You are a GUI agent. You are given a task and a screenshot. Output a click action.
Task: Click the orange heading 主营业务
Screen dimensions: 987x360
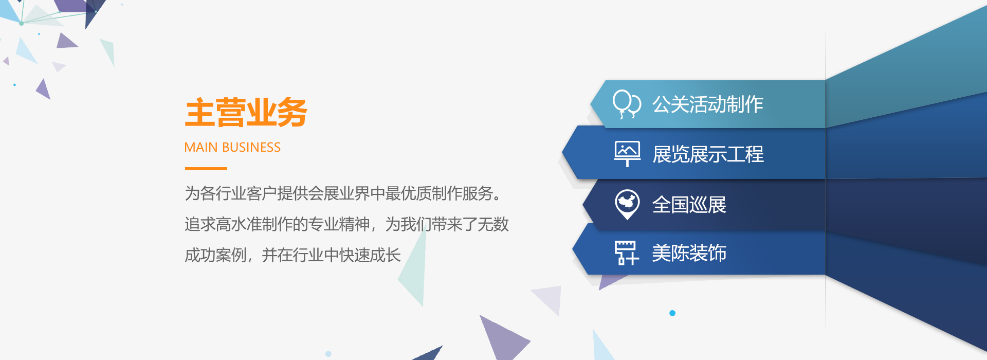point(246,113)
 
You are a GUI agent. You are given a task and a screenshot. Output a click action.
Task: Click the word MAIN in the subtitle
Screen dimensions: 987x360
point(201,148)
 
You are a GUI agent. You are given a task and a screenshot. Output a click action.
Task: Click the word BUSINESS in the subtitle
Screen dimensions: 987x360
point(251,148)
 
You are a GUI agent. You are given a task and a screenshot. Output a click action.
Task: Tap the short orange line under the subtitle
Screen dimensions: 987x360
point(206,168)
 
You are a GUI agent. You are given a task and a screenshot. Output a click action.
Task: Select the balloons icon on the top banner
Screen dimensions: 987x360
point(627,104)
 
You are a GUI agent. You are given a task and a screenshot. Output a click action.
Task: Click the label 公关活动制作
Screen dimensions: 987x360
point(708,104)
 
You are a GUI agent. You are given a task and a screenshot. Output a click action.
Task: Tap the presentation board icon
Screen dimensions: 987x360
point(627,154)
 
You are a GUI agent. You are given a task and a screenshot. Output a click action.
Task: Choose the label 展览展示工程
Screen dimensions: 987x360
point(708,154)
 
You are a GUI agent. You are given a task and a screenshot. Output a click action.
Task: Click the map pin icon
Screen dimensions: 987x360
point(627,204)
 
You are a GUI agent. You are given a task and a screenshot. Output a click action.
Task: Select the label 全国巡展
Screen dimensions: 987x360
point(689,205)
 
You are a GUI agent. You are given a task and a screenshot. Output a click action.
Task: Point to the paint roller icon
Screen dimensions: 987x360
point(627,253)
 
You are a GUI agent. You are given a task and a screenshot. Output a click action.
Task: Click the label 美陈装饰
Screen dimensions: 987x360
point(689,253)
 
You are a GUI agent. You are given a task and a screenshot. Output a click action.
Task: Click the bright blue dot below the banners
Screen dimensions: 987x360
point(672,313)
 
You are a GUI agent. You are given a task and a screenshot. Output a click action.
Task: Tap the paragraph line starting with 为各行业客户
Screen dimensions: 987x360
point(343,193)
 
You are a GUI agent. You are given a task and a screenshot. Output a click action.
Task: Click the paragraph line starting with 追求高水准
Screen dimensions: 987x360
point(347,224)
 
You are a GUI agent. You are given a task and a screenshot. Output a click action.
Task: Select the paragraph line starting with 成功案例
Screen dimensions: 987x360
point(293,255)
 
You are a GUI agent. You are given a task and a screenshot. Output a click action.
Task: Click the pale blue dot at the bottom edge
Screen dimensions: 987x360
point(328,354)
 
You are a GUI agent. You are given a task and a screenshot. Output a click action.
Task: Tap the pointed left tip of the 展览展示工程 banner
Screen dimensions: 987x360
point(562,153)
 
